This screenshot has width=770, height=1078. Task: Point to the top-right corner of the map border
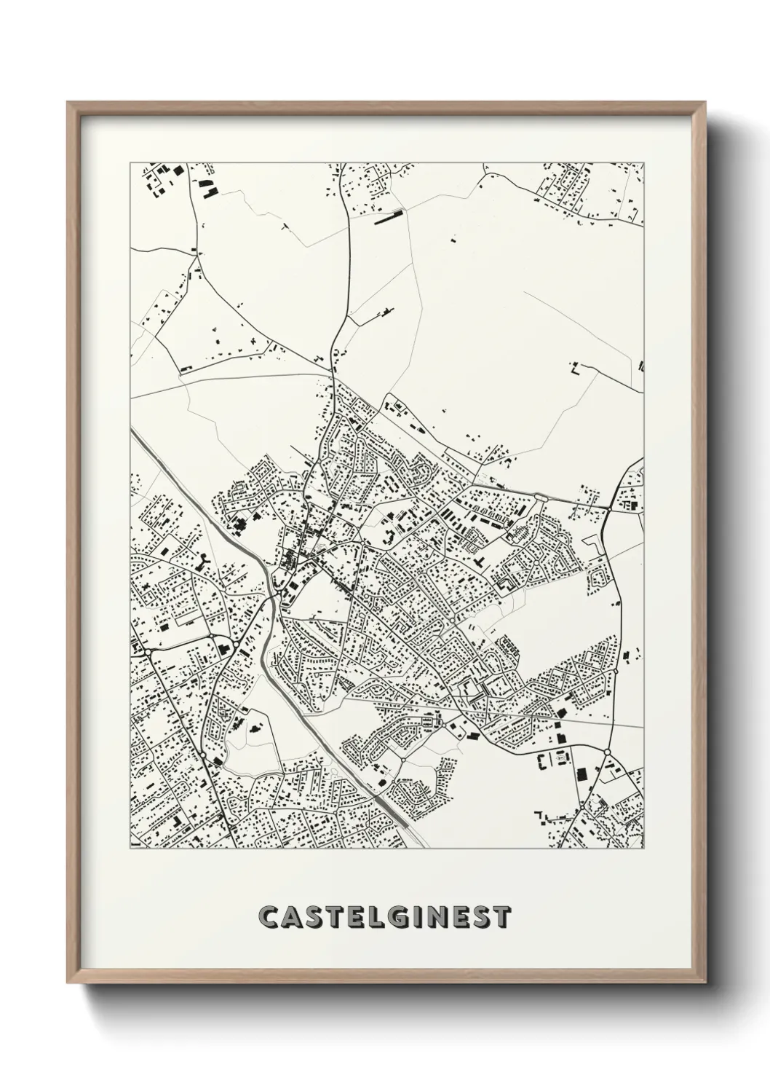[644, 163]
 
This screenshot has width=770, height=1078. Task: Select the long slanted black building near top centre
[387, 217]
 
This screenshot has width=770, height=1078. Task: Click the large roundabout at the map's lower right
[606, 751]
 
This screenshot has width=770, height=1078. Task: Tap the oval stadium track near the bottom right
[562, 759]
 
